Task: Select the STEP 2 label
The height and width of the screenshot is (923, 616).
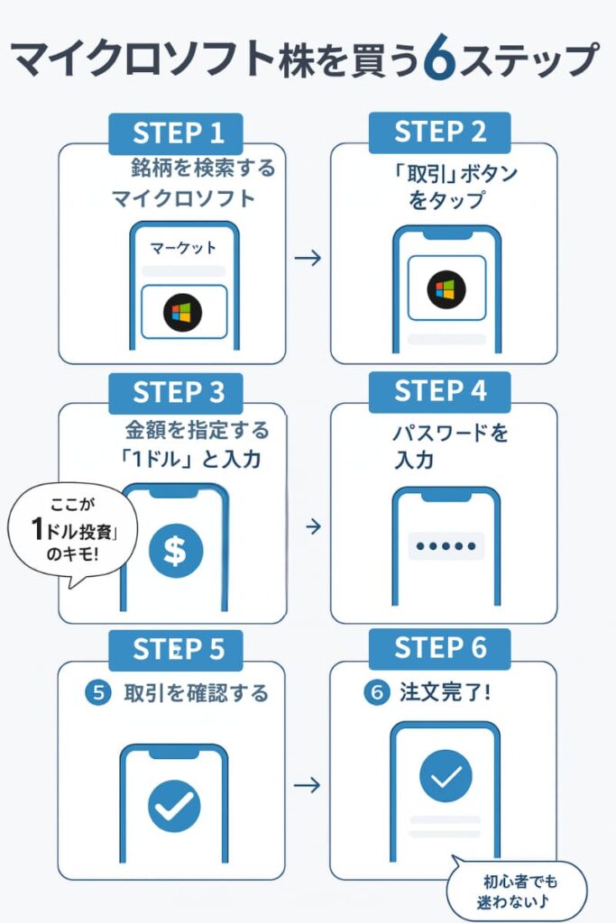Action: tap(439, 133)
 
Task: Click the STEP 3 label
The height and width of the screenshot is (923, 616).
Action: tap(178, 392)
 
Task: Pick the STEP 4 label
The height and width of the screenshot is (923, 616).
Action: tap(439, 392)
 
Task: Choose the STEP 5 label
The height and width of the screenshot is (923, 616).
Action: tap(178, 649)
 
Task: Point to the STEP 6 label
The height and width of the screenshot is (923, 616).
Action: tap(439, 648)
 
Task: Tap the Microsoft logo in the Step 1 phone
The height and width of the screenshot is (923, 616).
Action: tap(183, 313)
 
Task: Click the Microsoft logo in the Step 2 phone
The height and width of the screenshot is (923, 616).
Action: tap(446, 289)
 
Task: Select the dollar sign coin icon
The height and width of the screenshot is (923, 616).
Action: tap(175, 552)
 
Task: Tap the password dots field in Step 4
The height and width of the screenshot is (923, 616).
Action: tap(446, 546)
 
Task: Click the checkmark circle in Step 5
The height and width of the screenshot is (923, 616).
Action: tap(174, 806)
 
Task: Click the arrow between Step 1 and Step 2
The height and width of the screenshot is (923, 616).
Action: tap(308, 259)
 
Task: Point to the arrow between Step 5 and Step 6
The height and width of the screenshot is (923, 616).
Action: tap(308, 785)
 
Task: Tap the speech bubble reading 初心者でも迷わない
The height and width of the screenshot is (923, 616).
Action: tap(516, 892)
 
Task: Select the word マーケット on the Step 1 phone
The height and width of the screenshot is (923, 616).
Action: tap(183, 247)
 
